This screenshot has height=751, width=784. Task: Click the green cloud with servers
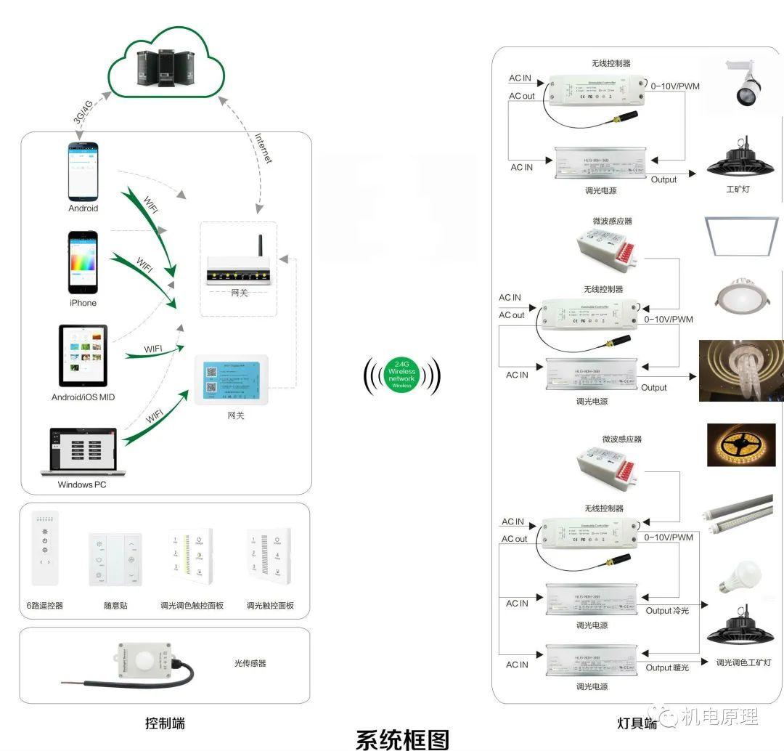pyautogui.click(x=166, y=63)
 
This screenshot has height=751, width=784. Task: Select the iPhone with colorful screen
pyautogui.click(x=82, y=262)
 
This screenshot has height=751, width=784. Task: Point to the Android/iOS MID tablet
pyautogui.click(x=83, y=355)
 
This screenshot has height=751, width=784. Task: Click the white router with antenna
pyautogui.click(x=240, y=268)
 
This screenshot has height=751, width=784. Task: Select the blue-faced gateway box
pyautogui.click(x=231, y=380)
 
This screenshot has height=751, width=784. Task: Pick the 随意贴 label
pyautogui.click(x=115, y=605)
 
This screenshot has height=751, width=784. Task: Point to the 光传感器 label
pyautogui.click(x=250, y=663)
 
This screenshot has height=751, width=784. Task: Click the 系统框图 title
pyautogui.click(x=402, y=739)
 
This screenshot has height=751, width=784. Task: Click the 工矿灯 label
pyautogui.click(x=738, y=190)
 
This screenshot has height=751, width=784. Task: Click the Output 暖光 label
pyautogui.click(x=667, y=667)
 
